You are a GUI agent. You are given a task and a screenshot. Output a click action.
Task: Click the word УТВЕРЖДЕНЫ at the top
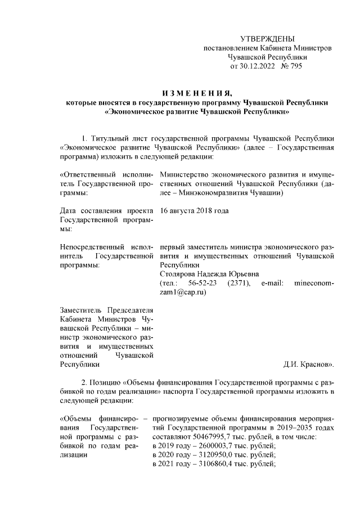click(x=267, y=39)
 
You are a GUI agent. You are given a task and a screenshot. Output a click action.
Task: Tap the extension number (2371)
click(x=238, y=283)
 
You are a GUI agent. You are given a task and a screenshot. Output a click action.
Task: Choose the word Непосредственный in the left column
click(x=88, y=247)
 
